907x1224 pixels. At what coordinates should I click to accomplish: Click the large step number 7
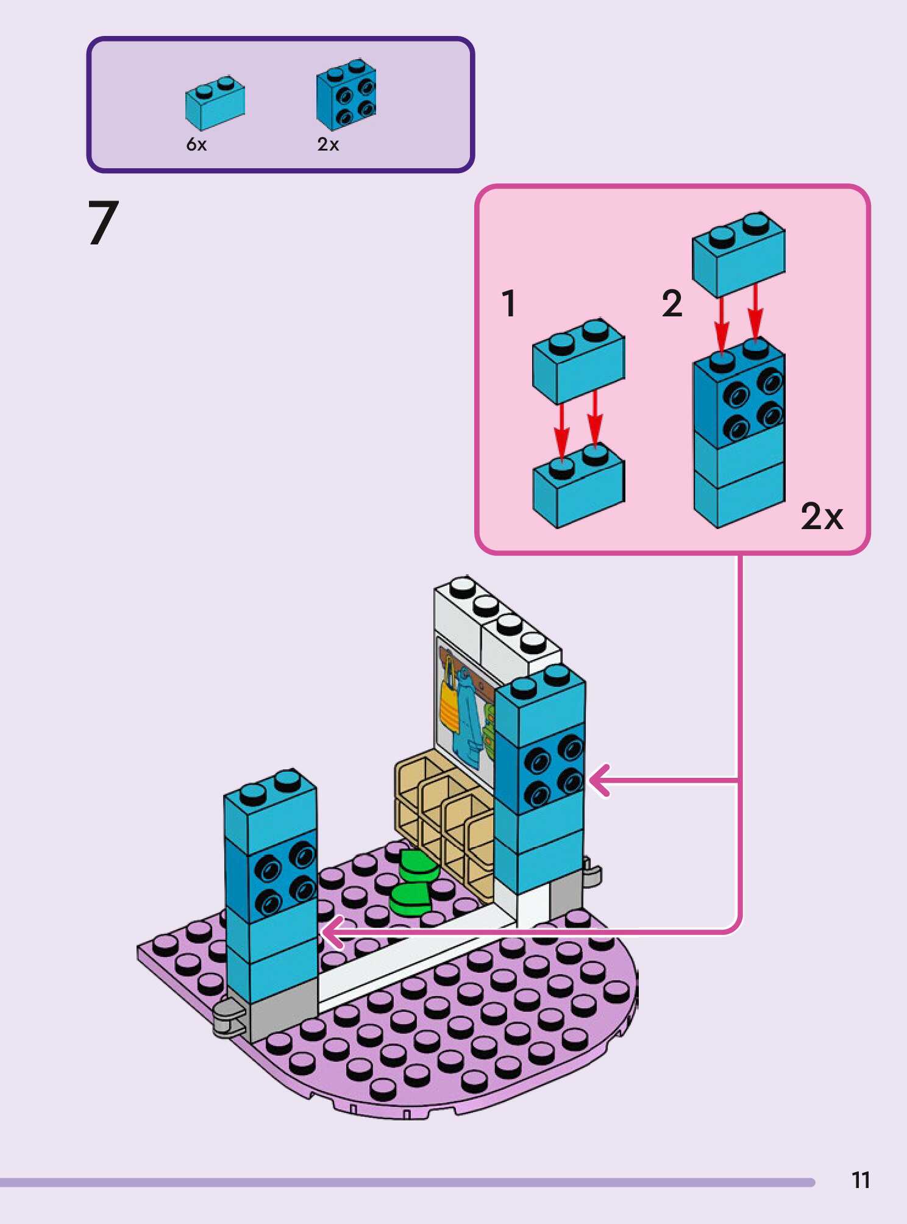pos(102,223)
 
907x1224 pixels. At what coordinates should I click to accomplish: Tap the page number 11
pos(861,1180)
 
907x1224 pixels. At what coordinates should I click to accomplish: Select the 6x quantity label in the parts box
pos(196,144)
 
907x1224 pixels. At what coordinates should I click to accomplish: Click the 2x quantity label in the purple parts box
pos(328,144)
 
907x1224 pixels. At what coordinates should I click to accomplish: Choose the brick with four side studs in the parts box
pos(346,95)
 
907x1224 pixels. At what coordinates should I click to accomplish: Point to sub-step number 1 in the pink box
pos(509,304)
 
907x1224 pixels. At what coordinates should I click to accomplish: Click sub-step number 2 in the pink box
pos(672,304)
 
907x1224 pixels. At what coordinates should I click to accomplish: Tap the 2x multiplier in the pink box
pos(822,517)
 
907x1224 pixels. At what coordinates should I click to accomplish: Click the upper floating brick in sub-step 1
pos(578,361)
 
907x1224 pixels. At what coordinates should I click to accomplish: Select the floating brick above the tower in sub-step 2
pos(738,254)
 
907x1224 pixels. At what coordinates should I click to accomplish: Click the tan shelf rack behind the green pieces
pos(445,805)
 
